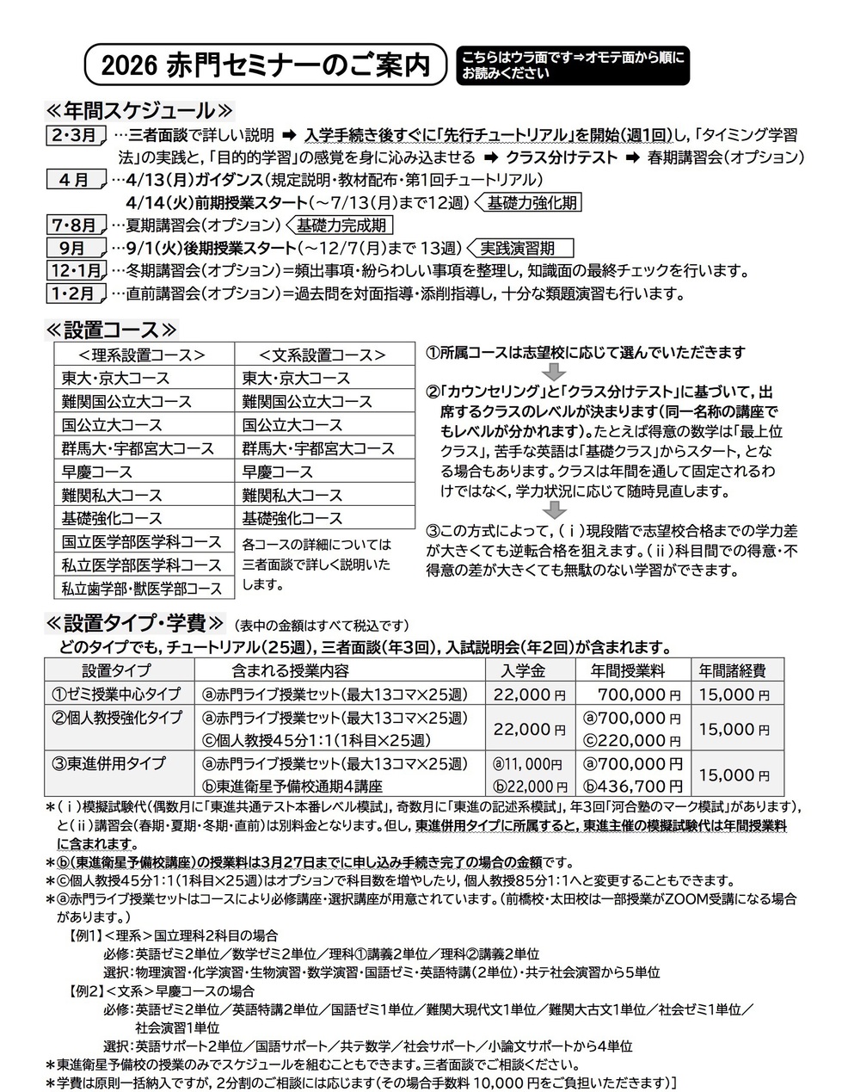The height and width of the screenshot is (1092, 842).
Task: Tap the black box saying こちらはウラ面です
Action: (573, 65)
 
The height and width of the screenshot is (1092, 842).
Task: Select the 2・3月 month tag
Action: (75, 135)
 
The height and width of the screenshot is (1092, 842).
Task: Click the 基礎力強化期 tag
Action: (530, 203)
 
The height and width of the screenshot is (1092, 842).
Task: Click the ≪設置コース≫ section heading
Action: (112, 330)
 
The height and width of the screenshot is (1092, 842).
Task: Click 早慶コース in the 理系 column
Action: (97, 472)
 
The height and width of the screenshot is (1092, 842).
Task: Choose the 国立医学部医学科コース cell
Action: (142, 542)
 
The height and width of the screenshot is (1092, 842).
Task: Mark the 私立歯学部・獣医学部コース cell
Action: (142, 589)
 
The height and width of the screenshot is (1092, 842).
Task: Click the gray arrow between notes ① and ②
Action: (555, 372)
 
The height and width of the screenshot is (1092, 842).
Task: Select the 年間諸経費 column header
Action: (731, 670)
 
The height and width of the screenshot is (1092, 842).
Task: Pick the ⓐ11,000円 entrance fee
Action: (527, 763)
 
